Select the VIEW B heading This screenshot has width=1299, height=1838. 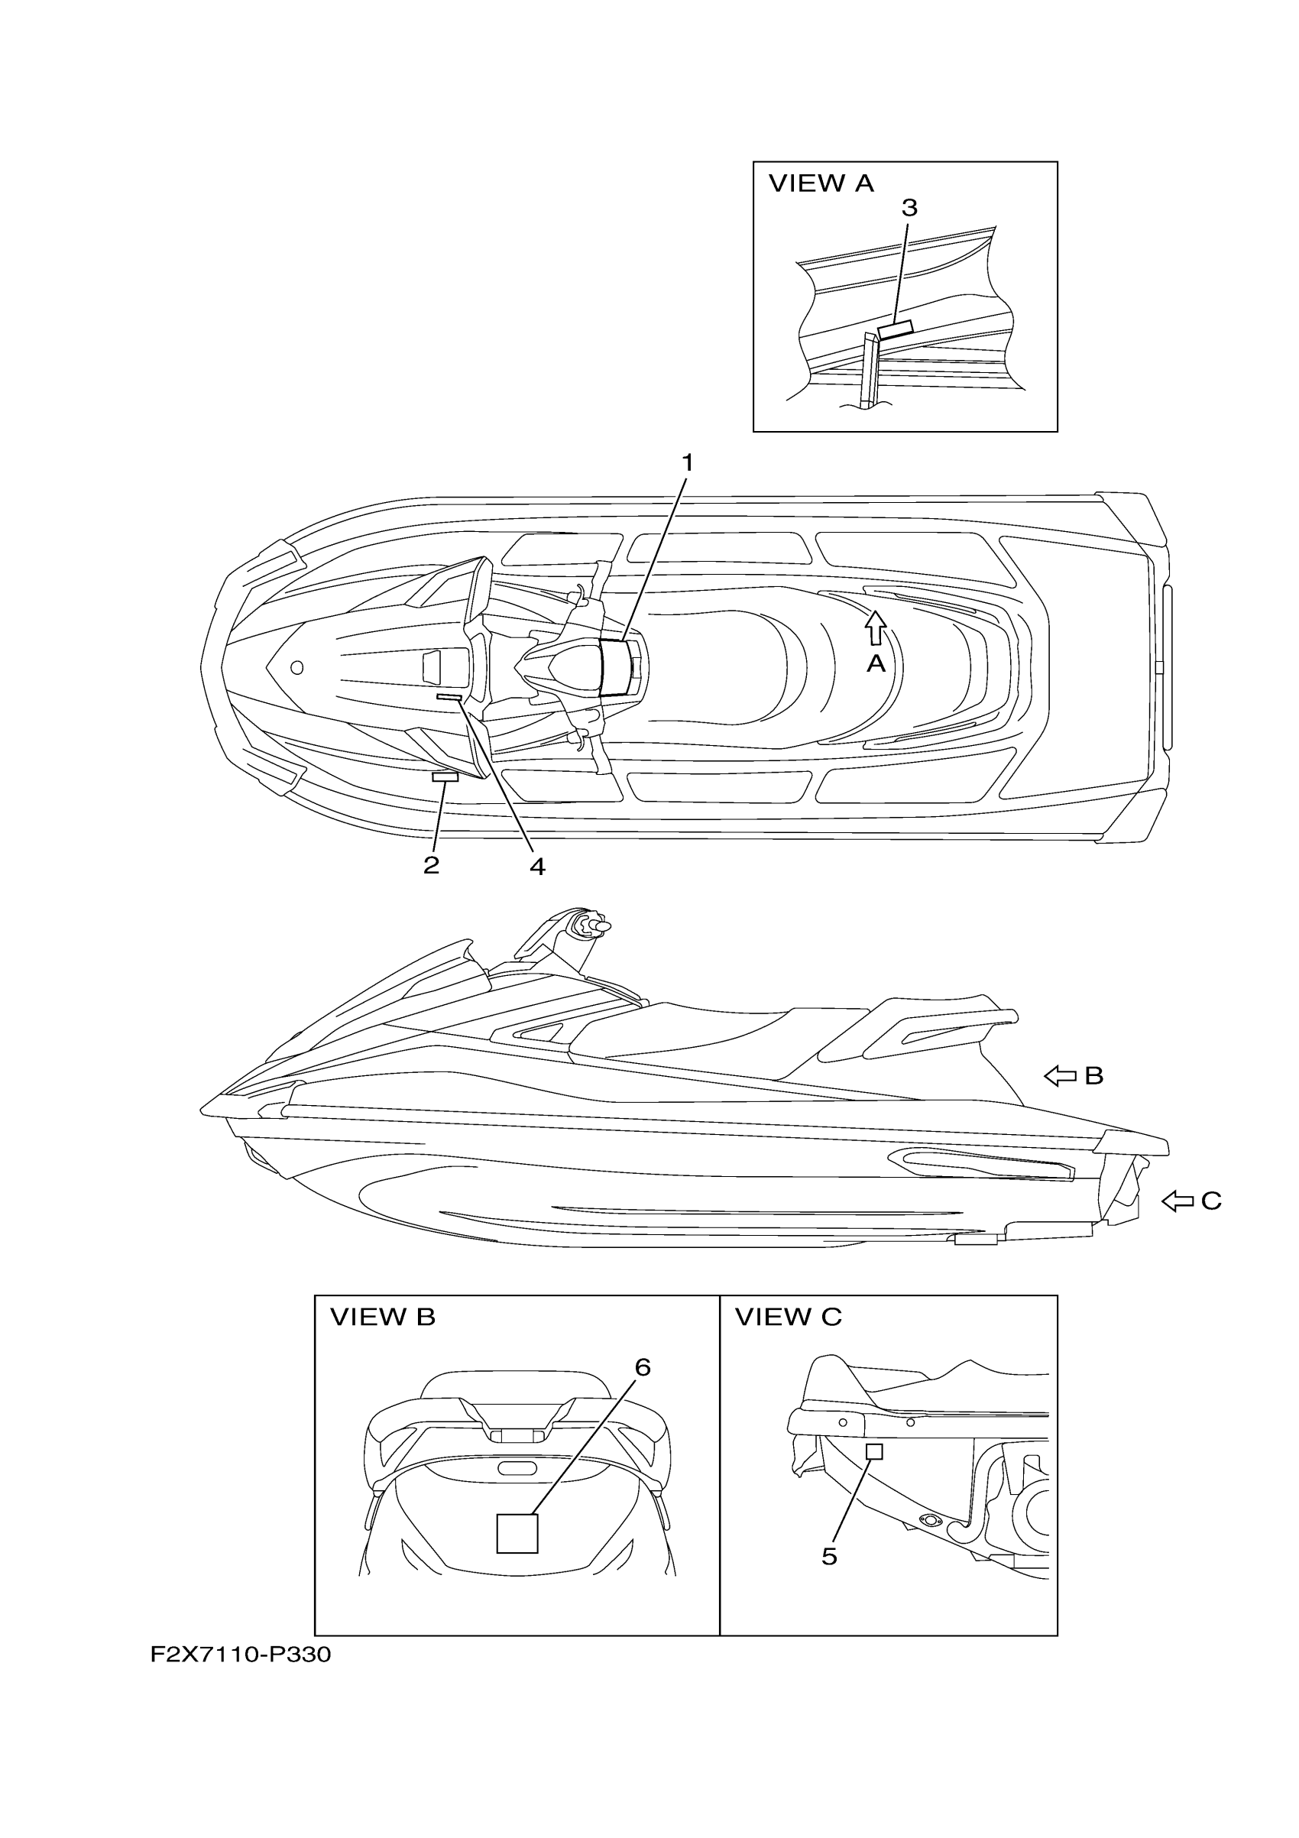point(383,1316)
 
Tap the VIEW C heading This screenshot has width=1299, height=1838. point(789,1316)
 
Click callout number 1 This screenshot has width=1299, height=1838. point(687,462)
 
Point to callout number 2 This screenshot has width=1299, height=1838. point(432,864)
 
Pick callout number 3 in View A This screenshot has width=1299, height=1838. point(909,207)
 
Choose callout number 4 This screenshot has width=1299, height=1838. point(537,866)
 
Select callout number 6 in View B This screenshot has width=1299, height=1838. point(643,1367)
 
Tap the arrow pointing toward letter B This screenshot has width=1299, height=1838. point(1061,1077)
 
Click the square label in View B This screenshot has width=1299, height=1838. point(517,1533)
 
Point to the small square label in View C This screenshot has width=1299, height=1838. point(875,1451)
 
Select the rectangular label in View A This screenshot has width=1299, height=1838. point(895,328)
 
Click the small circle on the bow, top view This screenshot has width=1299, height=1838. point(297,667)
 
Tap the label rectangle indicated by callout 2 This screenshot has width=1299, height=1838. point(445,776)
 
